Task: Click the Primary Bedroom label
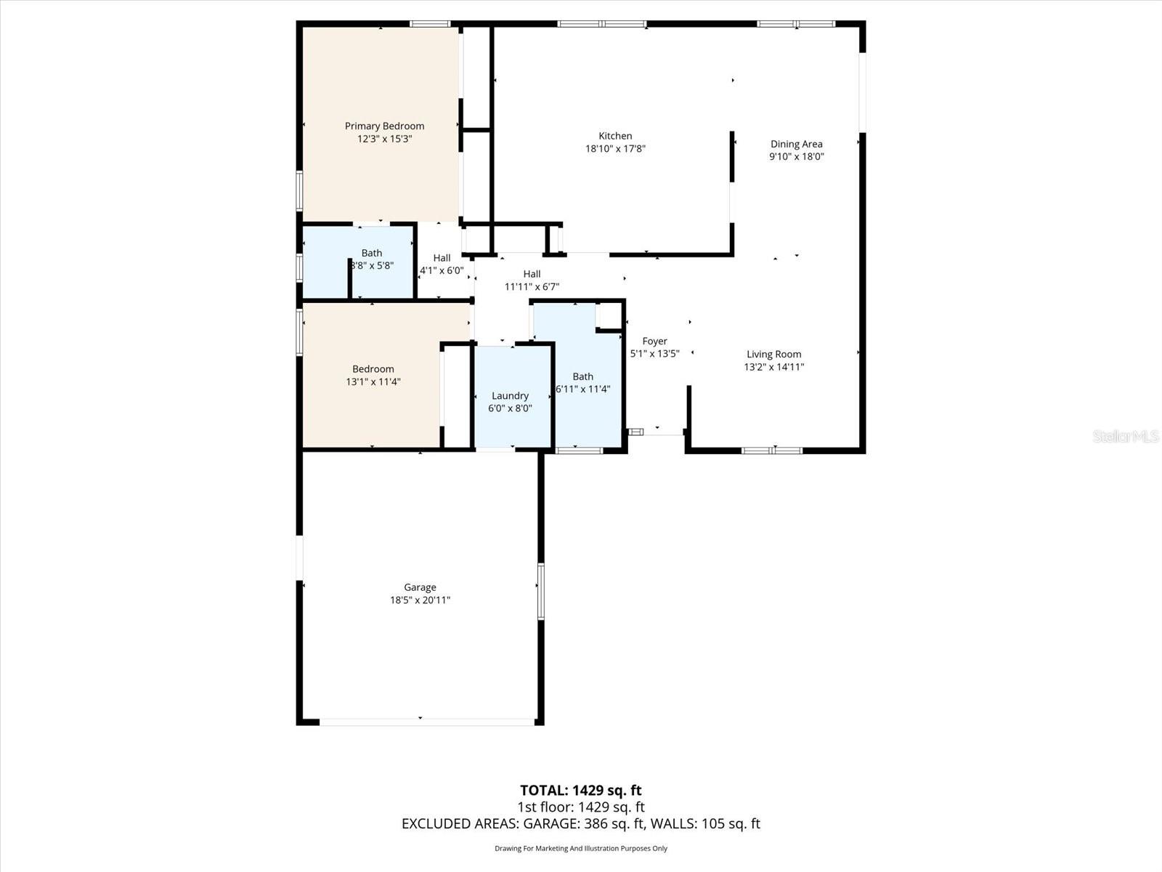pos(384,126)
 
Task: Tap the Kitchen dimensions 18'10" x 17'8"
pos(615,149)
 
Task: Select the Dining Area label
pos(796,144)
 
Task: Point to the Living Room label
pos(773,355)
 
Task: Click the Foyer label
pos(654,341)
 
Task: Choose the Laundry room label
pos(510,396)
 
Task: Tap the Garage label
pos(420,587)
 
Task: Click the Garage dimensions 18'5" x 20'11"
pos(420,600)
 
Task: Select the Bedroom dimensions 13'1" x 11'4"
pos(373,381)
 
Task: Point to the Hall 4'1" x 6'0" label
pos(442,265)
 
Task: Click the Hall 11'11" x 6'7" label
pos(532,280)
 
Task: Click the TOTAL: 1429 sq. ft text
pos(580,790)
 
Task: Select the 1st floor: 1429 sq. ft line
pos(580,807)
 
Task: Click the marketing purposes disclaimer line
pos(580,848)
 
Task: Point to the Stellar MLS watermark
pos(1125,436)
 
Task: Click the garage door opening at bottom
pos(427,722)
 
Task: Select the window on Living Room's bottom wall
pos(771,451)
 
